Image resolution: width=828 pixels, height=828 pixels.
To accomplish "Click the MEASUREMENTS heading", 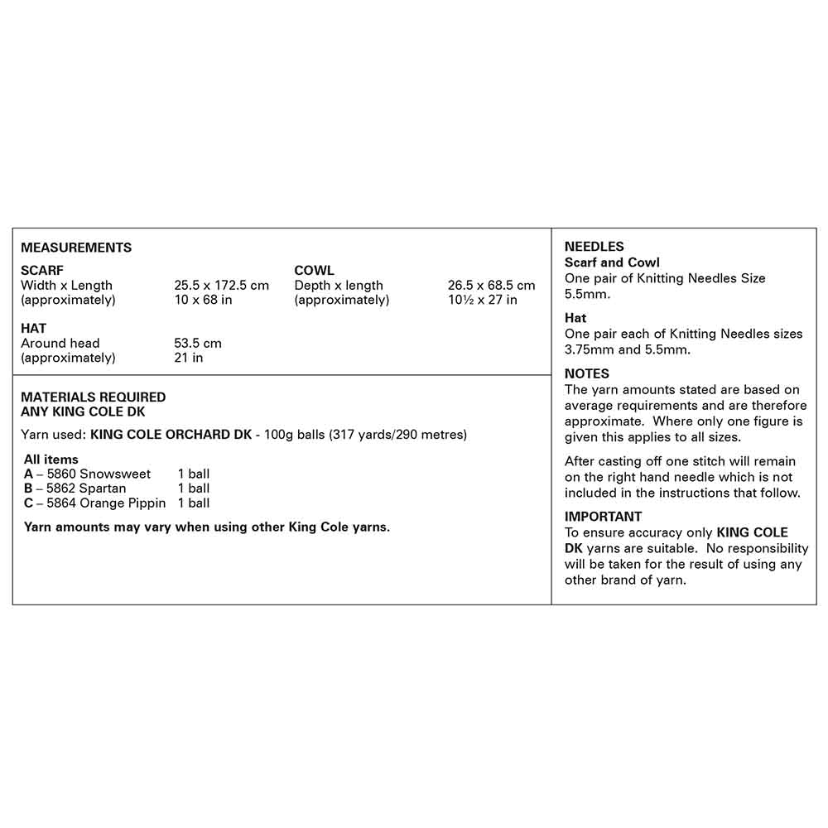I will coord(76,248).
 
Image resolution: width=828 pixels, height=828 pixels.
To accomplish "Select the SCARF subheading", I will coord(42,271).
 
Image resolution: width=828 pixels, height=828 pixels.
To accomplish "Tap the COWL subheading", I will coord(315,271).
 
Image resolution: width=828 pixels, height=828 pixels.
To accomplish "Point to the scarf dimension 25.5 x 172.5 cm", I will coord(221,286).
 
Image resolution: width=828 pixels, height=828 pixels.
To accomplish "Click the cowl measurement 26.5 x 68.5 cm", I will coord(492,286).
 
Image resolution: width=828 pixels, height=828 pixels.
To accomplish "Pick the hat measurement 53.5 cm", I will coord(198,343).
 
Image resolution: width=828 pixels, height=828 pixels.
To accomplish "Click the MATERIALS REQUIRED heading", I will coord(94,397).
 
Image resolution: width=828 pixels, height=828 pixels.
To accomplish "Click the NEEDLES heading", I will coord(595,247).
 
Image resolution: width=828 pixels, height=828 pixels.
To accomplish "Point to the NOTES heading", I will coord(587,373).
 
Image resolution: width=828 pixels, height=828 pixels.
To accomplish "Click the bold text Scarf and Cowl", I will coord(612,262).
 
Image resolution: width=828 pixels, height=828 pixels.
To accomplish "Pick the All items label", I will coord(51,460).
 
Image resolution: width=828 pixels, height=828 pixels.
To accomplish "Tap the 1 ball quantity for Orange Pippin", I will coord(194,503).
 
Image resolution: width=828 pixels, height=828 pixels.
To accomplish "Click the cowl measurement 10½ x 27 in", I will coord(483,300).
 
